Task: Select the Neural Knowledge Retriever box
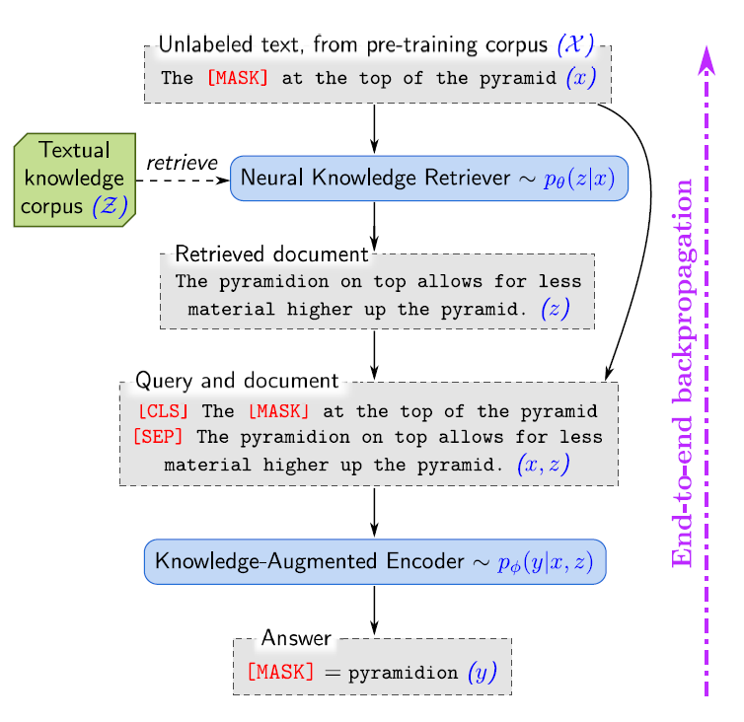pos(429,178)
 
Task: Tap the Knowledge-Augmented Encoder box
pos(374,561)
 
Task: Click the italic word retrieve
pos(182,163)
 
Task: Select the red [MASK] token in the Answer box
pos(280,672)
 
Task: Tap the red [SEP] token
pos(158,436)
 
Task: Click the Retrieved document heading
pos(270,254)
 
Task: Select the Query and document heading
pos(237,381)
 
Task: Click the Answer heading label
pos(296,639)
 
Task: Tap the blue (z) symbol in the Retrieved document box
pos(555,308)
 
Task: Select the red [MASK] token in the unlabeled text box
pos(237,78)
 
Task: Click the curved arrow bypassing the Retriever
pos(648,227)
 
